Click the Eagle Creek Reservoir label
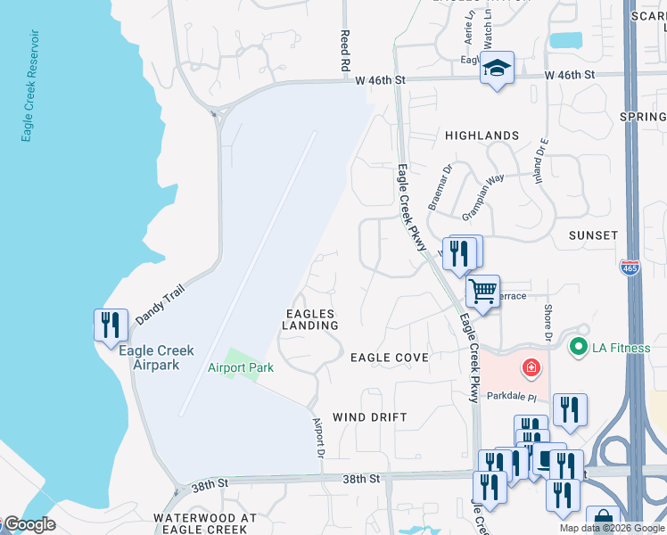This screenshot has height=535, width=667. coord(29,86)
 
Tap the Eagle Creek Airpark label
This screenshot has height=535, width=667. coord(150,358)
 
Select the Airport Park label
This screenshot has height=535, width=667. coord(241,367)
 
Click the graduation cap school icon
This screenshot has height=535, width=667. coord(497,68)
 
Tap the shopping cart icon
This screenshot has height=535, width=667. coord(482,291)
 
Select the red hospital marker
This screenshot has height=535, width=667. coord(531,367)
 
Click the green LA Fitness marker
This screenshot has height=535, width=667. coord(579,347)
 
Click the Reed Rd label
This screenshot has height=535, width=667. coord(343,50)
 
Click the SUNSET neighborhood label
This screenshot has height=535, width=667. coord(593,235)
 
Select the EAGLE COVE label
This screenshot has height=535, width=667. coord(390,358)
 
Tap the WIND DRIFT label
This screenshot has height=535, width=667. coord(369,417)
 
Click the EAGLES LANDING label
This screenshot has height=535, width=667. coord(311,320)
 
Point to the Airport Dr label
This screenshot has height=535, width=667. coord(317,438)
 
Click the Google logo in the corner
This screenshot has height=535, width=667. coord(29,525)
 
